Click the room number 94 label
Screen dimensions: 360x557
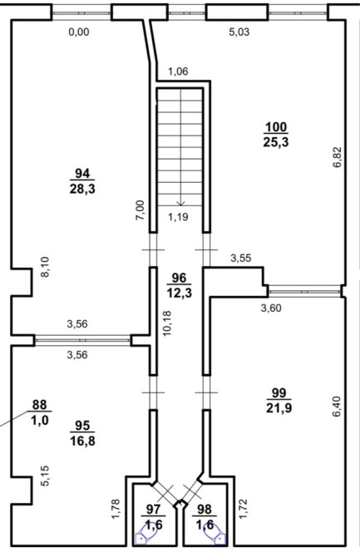tap(82, 174)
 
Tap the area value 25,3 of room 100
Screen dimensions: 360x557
tap(276, 142)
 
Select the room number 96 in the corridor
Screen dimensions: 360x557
tap(179, 278)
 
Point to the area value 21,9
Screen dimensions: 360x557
tap(279, 408)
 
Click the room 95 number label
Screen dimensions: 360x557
tap(82, 425)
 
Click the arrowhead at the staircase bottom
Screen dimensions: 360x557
tap(181, 204)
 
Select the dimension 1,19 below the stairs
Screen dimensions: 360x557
tap(178, 217)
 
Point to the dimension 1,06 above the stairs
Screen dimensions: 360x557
tap(178, 71)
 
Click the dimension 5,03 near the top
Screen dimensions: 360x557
tap(239, 32)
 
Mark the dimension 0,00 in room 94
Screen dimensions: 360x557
tap(79, 32)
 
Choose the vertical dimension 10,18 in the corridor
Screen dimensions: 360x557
tap(166, 323)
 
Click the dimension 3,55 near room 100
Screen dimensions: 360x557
tap(241, 258)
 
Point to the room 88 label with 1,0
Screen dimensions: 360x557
tap(39, 412)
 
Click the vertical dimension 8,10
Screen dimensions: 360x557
tap(47, 267)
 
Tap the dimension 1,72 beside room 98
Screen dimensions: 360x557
tap(243, 509)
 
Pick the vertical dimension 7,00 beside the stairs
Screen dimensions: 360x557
tap(141, 210)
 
